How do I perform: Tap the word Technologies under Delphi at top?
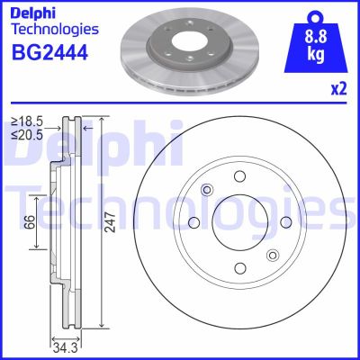[x=54, y=32]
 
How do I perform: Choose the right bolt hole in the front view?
[x=286, y=222]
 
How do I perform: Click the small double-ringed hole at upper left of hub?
[x=208, y=189]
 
